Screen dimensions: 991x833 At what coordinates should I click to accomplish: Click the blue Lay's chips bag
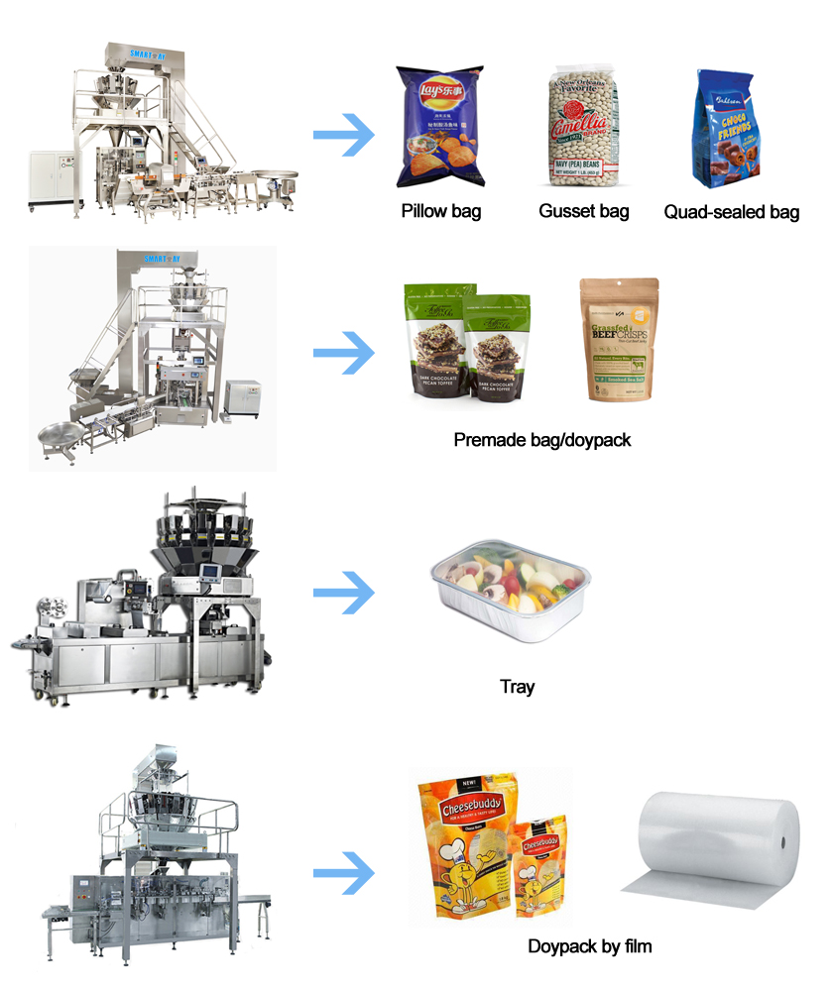point(439,127)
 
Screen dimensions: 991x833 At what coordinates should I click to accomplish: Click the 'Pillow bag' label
point(441,211)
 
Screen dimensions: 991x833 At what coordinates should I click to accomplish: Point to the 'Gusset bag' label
point(584,211)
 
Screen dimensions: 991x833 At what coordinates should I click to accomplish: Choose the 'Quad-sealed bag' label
point(731,211)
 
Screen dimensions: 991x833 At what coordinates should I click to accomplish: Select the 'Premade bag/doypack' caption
point(542,438)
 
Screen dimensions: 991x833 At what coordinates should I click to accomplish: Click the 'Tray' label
point(517,686)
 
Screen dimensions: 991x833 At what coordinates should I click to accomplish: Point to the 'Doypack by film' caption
point(589,946)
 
